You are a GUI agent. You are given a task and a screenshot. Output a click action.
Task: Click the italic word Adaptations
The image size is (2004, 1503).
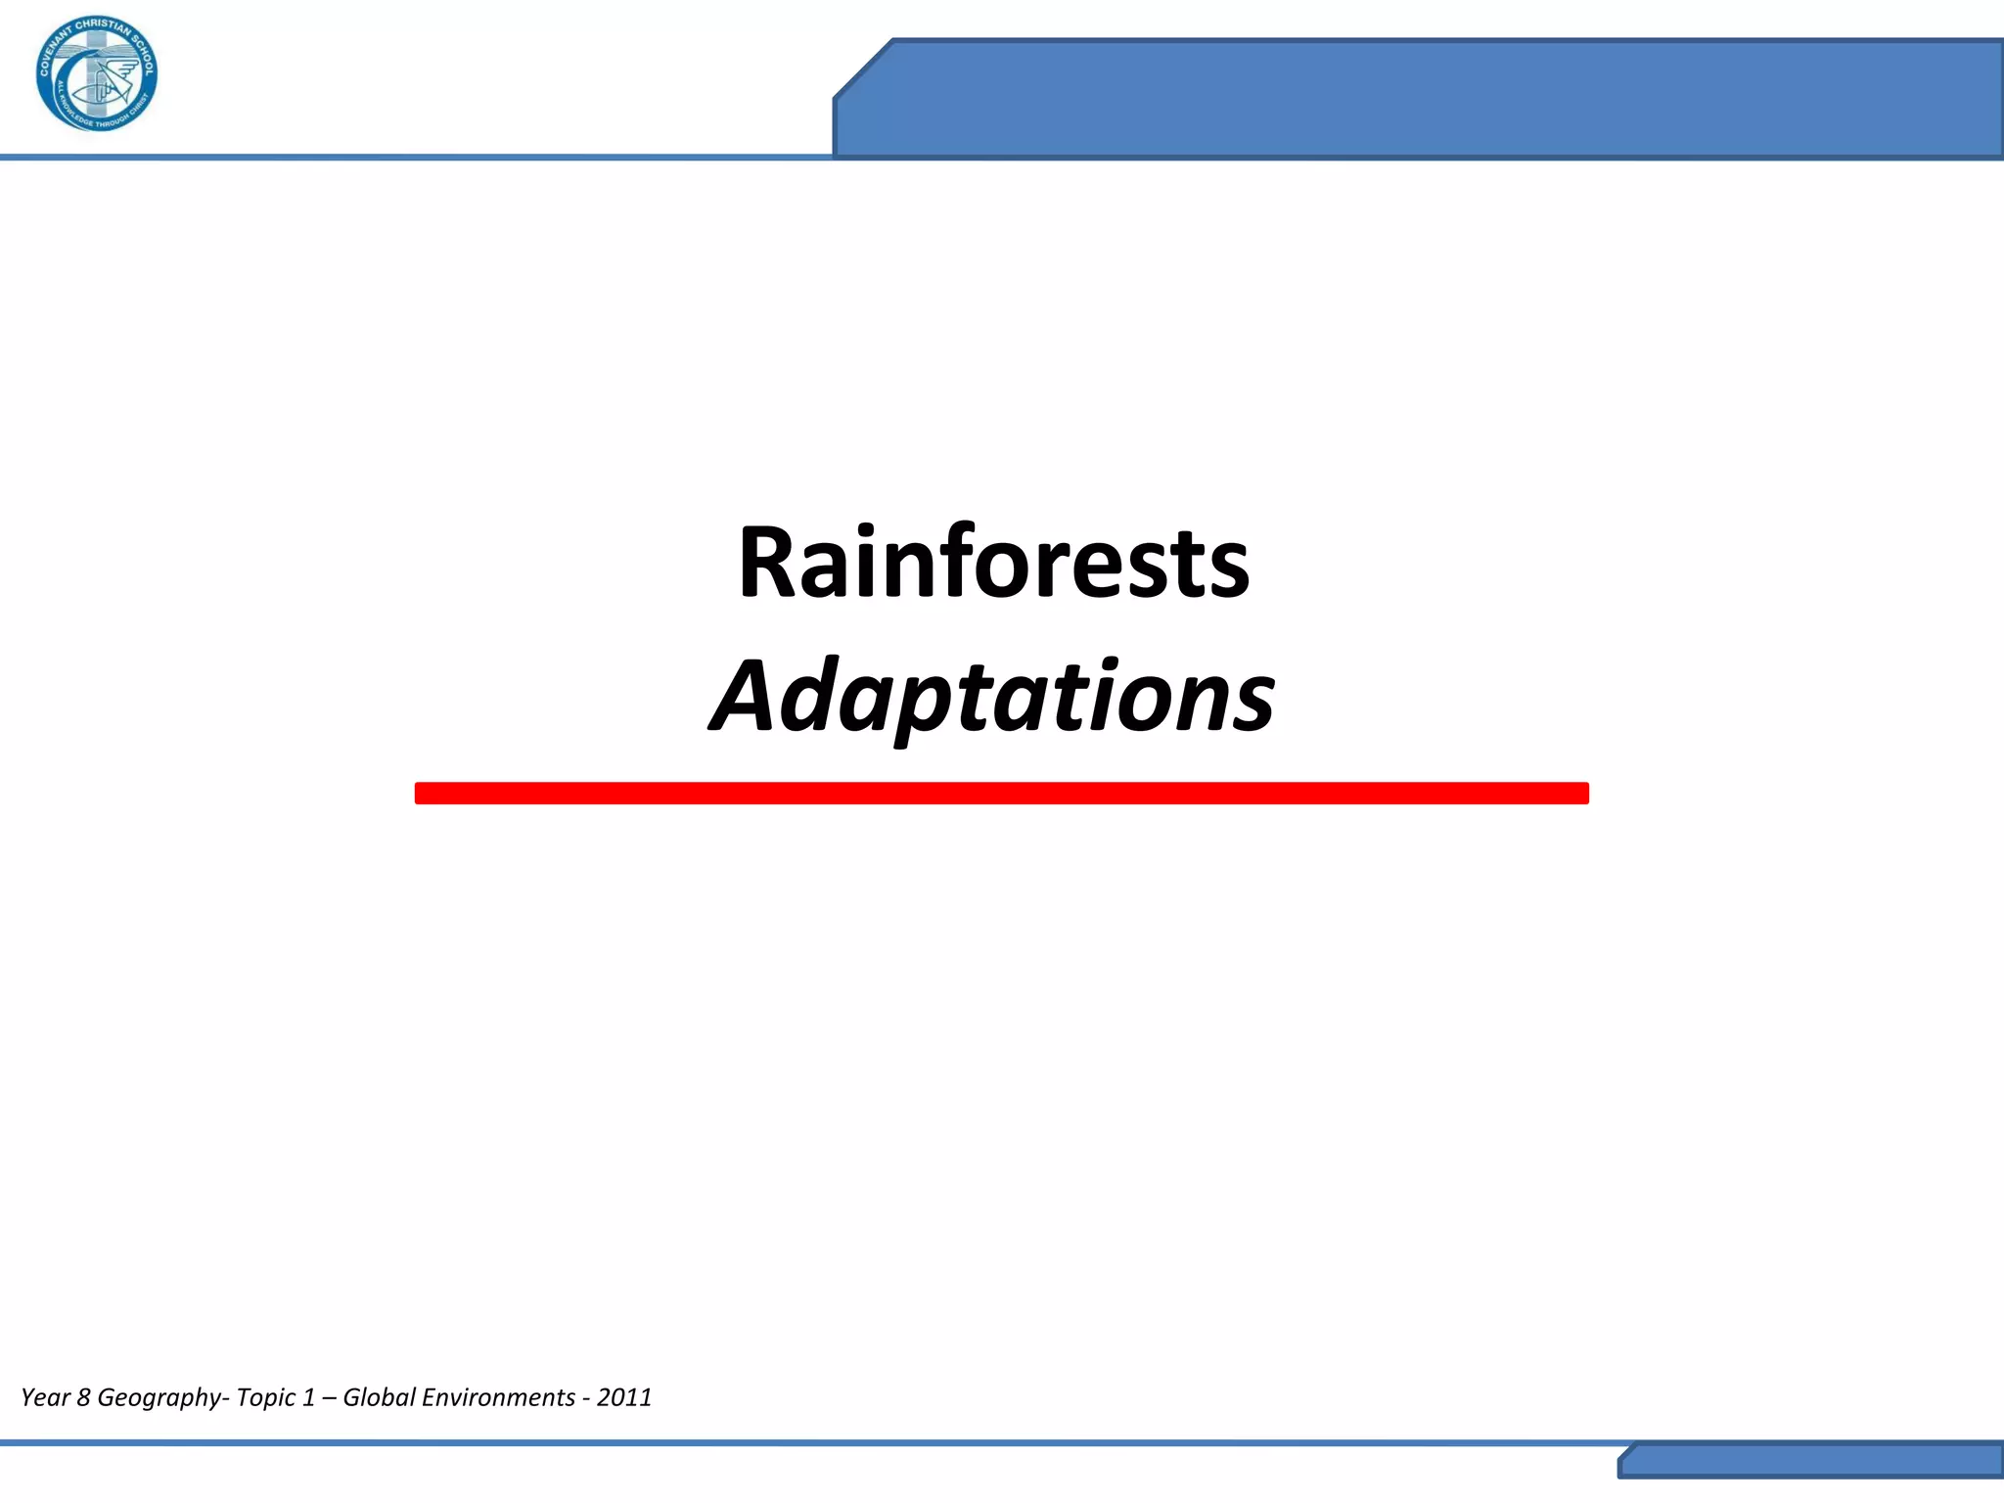click(992, 697)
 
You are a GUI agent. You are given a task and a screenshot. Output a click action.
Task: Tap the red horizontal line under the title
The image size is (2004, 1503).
click(1001, 793)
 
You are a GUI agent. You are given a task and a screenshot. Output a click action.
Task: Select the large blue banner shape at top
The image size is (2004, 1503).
click(1419, 98)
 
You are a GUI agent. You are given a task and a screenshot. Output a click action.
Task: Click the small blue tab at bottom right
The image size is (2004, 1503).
click(1810, 1462)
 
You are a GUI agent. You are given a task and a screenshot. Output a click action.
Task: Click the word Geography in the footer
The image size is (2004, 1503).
click(159, 1397)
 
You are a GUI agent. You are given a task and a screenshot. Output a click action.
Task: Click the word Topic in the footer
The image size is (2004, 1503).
click(266, 1397)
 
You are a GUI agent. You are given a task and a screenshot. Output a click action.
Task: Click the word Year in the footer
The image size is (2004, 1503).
click(45, 1397)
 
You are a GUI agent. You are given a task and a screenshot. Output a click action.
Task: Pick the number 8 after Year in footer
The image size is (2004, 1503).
click(83, 1397)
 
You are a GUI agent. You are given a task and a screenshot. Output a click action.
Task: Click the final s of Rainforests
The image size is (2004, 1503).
click(1230, 571)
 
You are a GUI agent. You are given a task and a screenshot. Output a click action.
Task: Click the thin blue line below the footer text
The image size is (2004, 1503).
click(783, 1442)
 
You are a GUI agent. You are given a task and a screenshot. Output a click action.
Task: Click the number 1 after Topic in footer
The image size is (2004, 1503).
click(308, 1397)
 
